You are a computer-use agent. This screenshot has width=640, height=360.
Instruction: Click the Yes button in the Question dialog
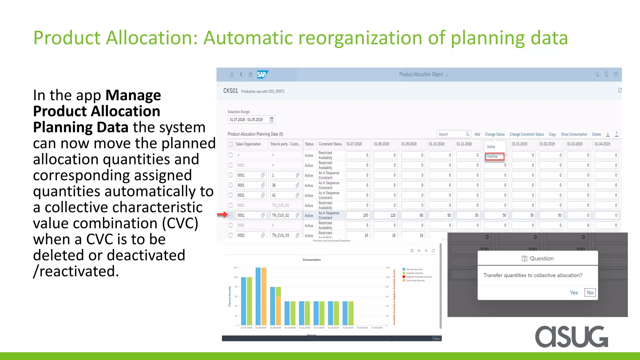click(x=573, y=292)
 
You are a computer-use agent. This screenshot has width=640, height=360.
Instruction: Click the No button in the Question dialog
click(x=590, y=292)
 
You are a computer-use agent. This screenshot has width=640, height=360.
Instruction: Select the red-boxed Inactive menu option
click(x=494, y=156)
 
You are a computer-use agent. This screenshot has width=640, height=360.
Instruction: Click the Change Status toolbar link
click(x=495, y=134)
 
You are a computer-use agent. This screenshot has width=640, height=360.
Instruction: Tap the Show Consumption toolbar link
click(x=574, y=134)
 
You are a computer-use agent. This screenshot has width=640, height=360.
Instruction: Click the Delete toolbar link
click(x=596, y=134)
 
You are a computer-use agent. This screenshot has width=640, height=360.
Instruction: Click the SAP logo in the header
click(x=262, y=74)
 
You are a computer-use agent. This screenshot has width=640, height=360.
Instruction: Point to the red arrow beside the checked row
click(x=222, y=214)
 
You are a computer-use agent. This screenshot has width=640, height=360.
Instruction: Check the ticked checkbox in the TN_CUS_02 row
click(x=231, y=215)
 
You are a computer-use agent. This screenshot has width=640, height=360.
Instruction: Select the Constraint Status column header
click(x=330, y=144)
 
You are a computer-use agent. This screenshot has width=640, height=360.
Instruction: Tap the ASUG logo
click(x=572, y=336)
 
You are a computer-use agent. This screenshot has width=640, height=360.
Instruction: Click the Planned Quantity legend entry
click(x=414, y=269)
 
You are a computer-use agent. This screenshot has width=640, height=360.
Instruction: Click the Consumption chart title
click(x=312, y=260)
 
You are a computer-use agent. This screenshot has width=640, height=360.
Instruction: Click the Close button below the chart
click(x=436, y=338)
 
